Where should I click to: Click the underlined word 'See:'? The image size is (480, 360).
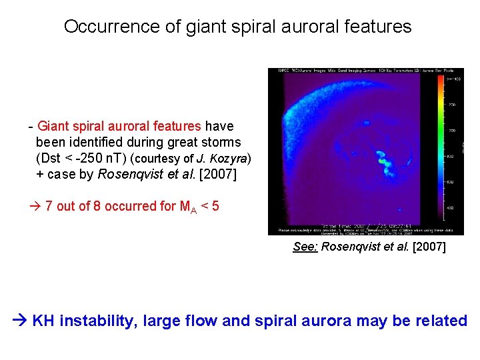click(305, 247)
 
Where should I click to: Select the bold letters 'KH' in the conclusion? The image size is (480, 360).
click(44, 321)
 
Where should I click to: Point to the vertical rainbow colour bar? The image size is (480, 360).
click(440, 147)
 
